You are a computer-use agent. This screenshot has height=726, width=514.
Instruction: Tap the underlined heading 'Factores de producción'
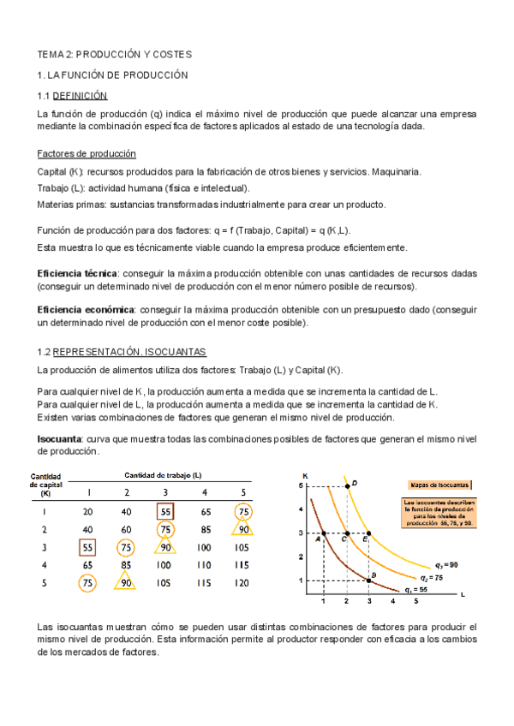coord(87,154)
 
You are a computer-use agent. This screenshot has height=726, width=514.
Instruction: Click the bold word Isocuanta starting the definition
coord(58,439)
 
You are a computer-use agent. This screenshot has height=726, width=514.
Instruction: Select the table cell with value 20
coord(87,511)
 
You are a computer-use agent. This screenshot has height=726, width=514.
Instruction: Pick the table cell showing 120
coord(243,583)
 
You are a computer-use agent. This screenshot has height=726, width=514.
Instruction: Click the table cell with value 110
coord(205,565)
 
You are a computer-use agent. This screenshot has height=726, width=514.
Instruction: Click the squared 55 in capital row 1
coord(165,511)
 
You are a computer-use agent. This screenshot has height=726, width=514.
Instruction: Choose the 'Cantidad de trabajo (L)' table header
coord(163,475)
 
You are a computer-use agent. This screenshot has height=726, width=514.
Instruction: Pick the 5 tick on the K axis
coord(302,485)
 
